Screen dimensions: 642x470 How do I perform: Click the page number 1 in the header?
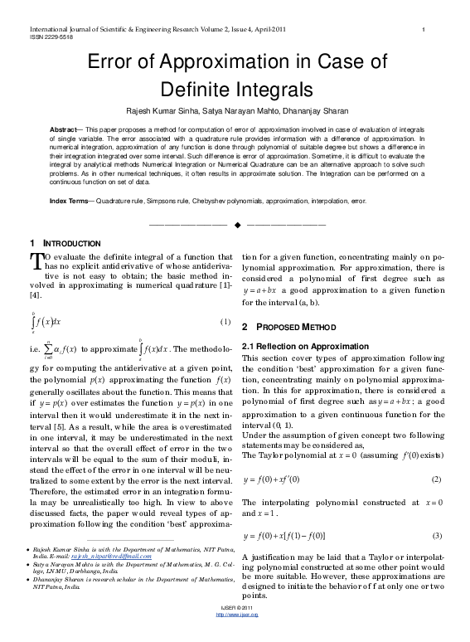pyautogui.click(x=424, y=30)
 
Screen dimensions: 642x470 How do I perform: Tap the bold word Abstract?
pyautogui.click(x=65, y=131)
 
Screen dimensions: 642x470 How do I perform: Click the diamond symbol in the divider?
pyautogui.click(x=236, y=225)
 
